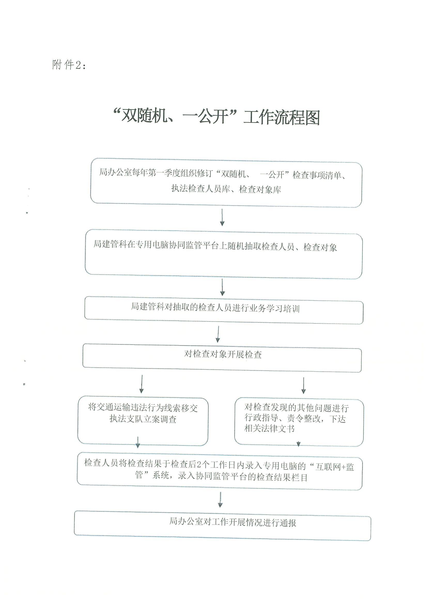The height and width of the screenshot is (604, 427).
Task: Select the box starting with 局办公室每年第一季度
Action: pos(226,183)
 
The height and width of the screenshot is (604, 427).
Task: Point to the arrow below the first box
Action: pos(222,217)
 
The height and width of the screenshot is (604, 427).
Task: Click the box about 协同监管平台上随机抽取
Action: pos(224,254)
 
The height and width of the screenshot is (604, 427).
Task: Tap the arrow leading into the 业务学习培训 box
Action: pos(222,287)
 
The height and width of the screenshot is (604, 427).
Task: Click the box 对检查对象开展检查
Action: pos(222,358)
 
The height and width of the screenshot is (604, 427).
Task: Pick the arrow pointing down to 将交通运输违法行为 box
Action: pos(142,384)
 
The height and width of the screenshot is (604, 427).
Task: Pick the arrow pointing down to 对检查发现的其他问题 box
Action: pos(303,385)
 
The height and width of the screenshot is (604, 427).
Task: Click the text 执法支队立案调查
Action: pos(143,419)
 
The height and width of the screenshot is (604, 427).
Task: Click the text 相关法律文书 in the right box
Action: pos(269,428)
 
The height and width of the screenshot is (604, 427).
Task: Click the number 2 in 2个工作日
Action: pos(199,465)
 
